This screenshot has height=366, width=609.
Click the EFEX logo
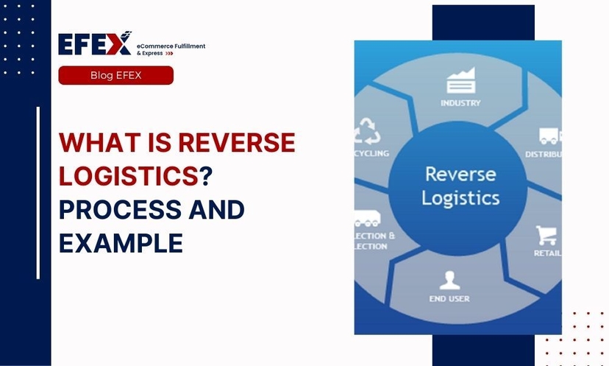[x=95, y=44]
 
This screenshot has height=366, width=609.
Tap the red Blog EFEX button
[x=115, y=75]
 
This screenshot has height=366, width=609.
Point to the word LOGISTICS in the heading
[x=129, y=176]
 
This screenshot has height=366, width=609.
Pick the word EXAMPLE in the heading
[x=121, y=243]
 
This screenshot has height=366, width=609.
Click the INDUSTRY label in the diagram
[x=460, y=103]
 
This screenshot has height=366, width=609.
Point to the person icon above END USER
[x=449, y=281]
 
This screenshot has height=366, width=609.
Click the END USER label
[x=449, y=299]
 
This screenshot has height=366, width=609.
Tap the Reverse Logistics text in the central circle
[x=461, y=186]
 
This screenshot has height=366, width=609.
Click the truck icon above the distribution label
[x=549, y=136]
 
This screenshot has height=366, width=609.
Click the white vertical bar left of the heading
[x=38, y=193]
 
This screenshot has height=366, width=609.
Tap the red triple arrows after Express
[x=168, y=54]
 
